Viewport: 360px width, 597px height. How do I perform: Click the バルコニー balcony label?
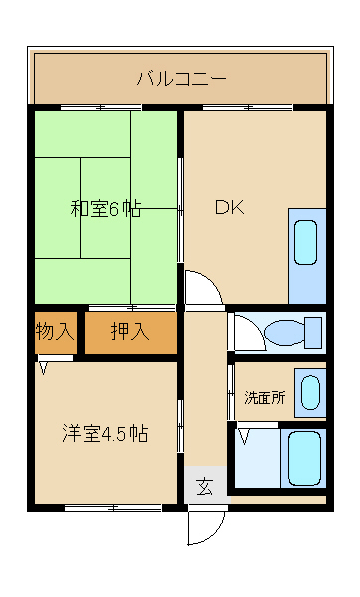click(x=181, y=78)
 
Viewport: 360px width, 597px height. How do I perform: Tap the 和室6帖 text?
click(x=104, y=209)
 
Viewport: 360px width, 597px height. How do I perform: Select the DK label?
click(x=231, y=208)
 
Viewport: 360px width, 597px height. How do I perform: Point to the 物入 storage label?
click(x=54, y=331)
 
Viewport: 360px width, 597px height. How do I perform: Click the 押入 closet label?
click(x=129, y=332)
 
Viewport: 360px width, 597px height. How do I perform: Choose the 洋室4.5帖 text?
click(x=104, y=434)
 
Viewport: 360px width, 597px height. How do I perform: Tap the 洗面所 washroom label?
click(x=265, y=397)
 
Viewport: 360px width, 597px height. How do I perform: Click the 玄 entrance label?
click(x=204, y=487)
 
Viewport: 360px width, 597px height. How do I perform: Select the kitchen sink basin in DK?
click(x=306, y=241)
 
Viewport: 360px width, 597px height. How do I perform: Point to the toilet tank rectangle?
click(x=313, y=331)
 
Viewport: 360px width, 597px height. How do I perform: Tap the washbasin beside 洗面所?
click(x=311, y=391)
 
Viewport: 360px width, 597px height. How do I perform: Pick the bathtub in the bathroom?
click(x=305, y=457)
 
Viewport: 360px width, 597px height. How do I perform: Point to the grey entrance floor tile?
click(x=204, y=487)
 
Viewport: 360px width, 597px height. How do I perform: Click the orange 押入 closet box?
click(x=130, y=332)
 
